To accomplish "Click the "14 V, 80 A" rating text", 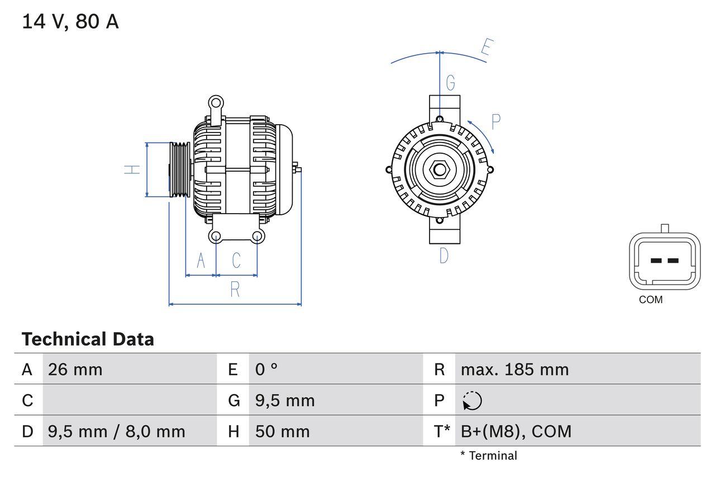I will [x=70, y=22].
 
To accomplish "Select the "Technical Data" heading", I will [x=88, y=339].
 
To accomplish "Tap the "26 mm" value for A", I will [x=75, y=370].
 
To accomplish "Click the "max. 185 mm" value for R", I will [x=514, y=370].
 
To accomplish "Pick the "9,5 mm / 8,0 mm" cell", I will [x=117, y=431].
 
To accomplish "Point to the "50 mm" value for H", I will [x=282, y=431].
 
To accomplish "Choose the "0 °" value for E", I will [x=266, y=370].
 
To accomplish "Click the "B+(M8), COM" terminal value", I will [x=516, y=431].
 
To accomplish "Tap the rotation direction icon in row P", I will [x=472, y=401].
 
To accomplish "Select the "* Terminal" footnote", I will [x=489, y=456].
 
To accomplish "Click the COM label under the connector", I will [x=651, y=300].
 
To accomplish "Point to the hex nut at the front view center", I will [x=440, y=169].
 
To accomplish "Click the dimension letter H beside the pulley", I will [x=132, y=169].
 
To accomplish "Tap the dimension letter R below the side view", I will [x=235, y=290].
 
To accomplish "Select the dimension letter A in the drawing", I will [x=201, y=261].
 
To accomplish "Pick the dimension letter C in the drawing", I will [x=236, y=261].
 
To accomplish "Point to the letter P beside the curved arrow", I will [x=495, y=121].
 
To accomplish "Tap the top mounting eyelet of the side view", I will [x=216, y=103].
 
